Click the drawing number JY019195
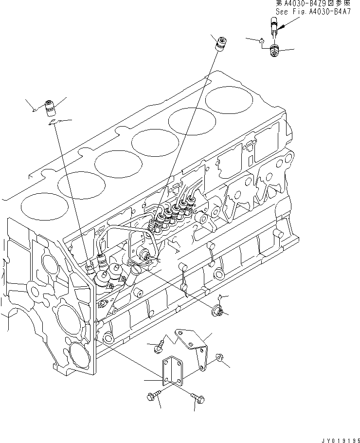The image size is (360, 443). tap(336, 439)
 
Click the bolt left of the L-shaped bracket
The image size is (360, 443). tap(158, 347)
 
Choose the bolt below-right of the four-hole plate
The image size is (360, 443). tap(198, 398)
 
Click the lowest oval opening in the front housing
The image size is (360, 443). tap(77, 352)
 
